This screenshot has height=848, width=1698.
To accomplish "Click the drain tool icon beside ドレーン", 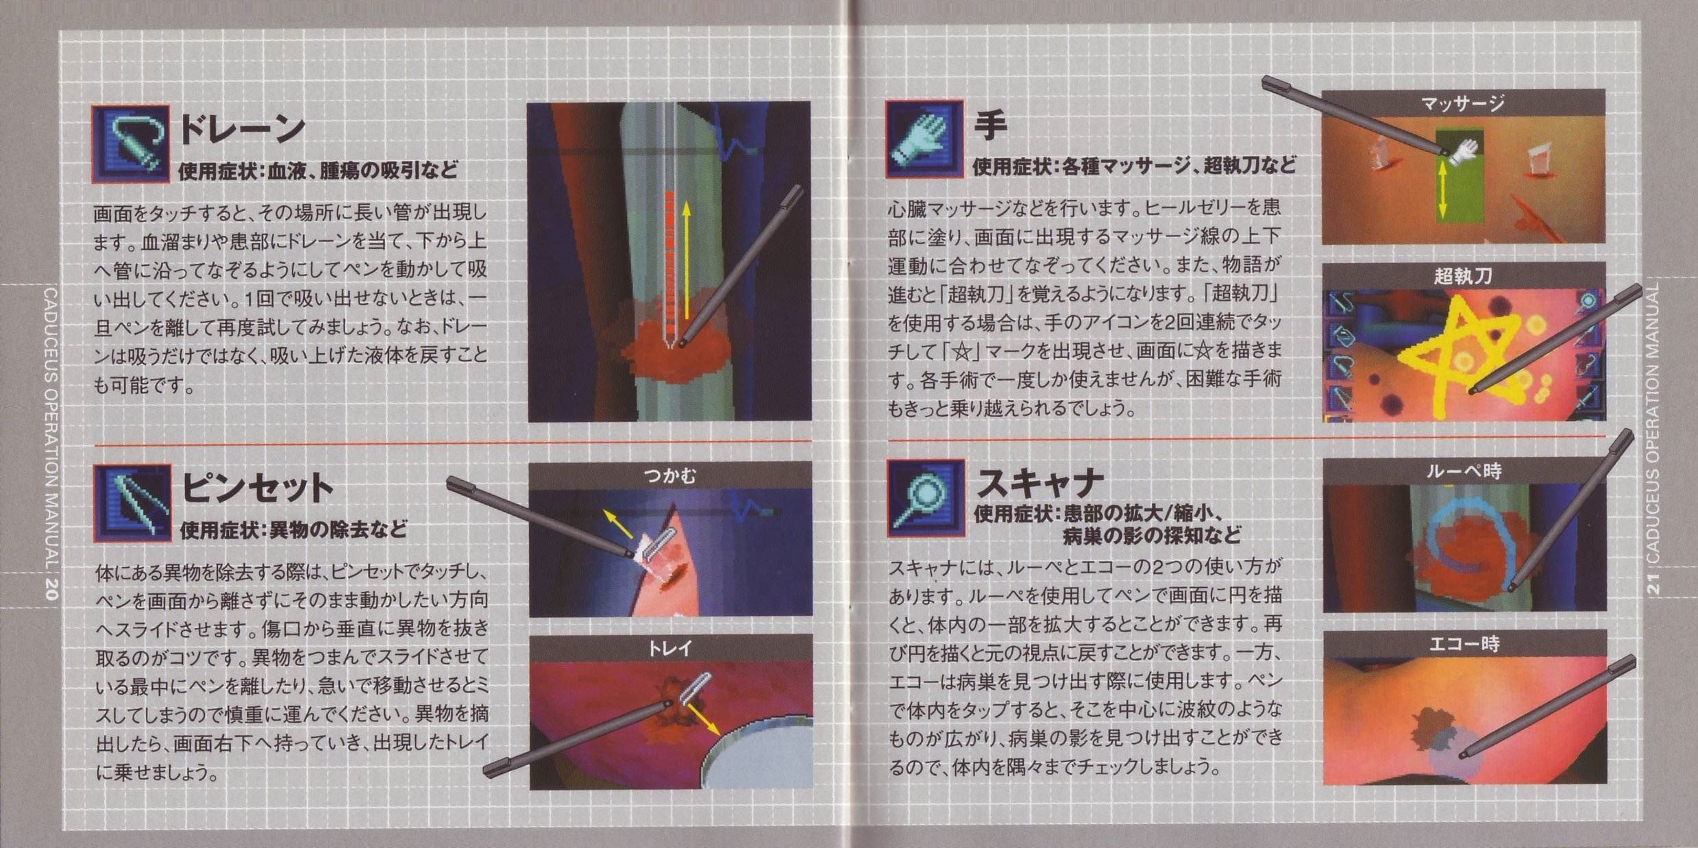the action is (130, 143).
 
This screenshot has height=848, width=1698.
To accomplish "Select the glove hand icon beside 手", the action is (924, 139).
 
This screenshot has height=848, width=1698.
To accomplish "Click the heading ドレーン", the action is (242, 129).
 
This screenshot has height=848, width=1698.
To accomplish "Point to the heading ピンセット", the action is (258, 488).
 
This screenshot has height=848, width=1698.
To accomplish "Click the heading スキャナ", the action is (1039, 484).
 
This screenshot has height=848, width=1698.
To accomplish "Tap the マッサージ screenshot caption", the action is (1462, 103).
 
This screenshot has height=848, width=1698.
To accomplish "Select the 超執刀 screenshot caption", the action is (1463, 275).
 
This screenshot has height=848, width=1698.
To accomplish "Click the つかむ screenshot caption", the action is (669, 475).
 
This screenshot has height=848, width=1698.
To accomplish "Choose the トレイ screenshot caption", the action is (669, 647).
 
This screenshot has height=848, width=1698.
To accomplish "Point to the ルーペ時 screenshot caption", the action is (1464, 471).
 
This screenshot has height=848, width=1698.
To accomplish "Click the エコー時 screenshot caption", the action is (1464, 643).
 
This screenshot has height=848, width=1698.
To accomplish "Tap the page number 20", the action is (49, 590).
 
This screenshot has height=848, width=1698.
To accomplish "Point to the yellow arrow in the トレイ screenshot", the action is (702, 719).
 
